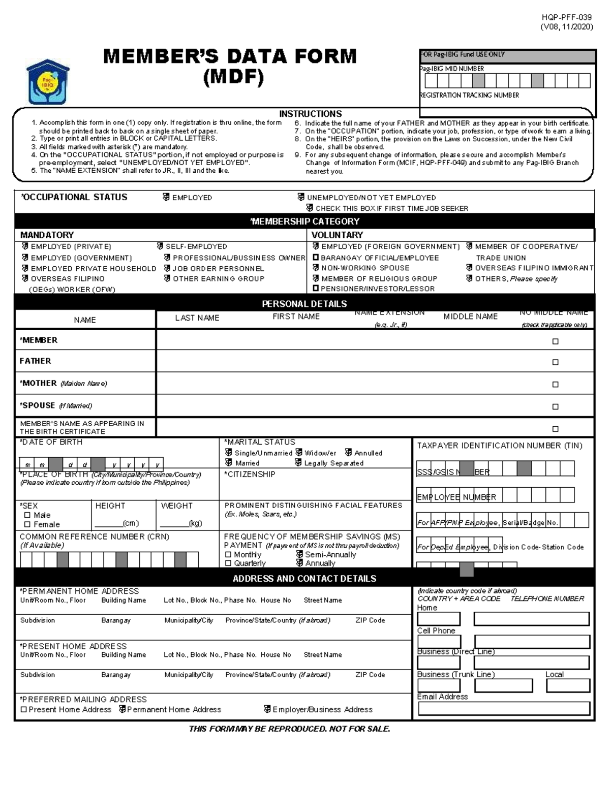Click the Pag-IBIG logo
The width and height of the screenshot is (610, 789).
[48, 82]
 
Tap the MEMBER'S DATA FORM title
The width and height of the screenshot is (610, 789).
[230, 56]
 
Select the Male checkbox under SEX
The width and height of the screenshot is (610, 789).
[27, 515]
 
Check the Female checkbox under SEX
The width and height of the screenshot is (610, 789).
[27, 524]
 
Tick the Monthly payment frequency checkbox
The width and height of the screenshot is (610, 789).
[228, 555]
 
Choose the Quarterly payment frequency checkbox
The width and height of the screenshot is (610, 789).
[228, 563]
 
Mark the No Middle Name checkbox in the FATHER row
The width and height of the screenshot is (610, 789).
[555, 362]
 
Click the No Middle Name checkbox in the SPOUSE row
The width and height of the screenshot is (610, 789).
[555, 406]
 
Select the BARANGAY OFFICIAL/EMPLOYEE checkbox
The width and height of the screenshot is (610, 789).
[316, 258]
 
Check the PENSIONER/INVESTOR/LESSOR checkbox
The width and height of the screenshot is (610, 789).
[316, 289]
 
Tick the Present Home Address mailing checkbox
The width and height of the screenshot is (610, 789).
[23, 709]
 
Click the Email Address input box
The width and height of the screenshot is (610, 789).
[504, 708]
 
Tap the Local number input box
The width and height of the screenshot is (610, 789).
[568, 685]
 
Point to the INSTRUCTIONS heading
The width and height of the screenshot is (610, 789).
[310, 114]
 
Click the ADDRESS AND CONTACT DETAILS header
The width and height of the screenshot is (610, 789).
[304, 579]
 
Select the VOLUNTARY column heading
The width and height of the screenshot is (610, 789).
[337, 235]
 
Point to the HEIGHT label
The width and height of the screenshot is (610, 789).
[110, 506]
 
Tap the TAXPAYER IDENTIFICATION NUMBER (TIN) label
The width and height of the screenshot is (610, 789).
[499, 446]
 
